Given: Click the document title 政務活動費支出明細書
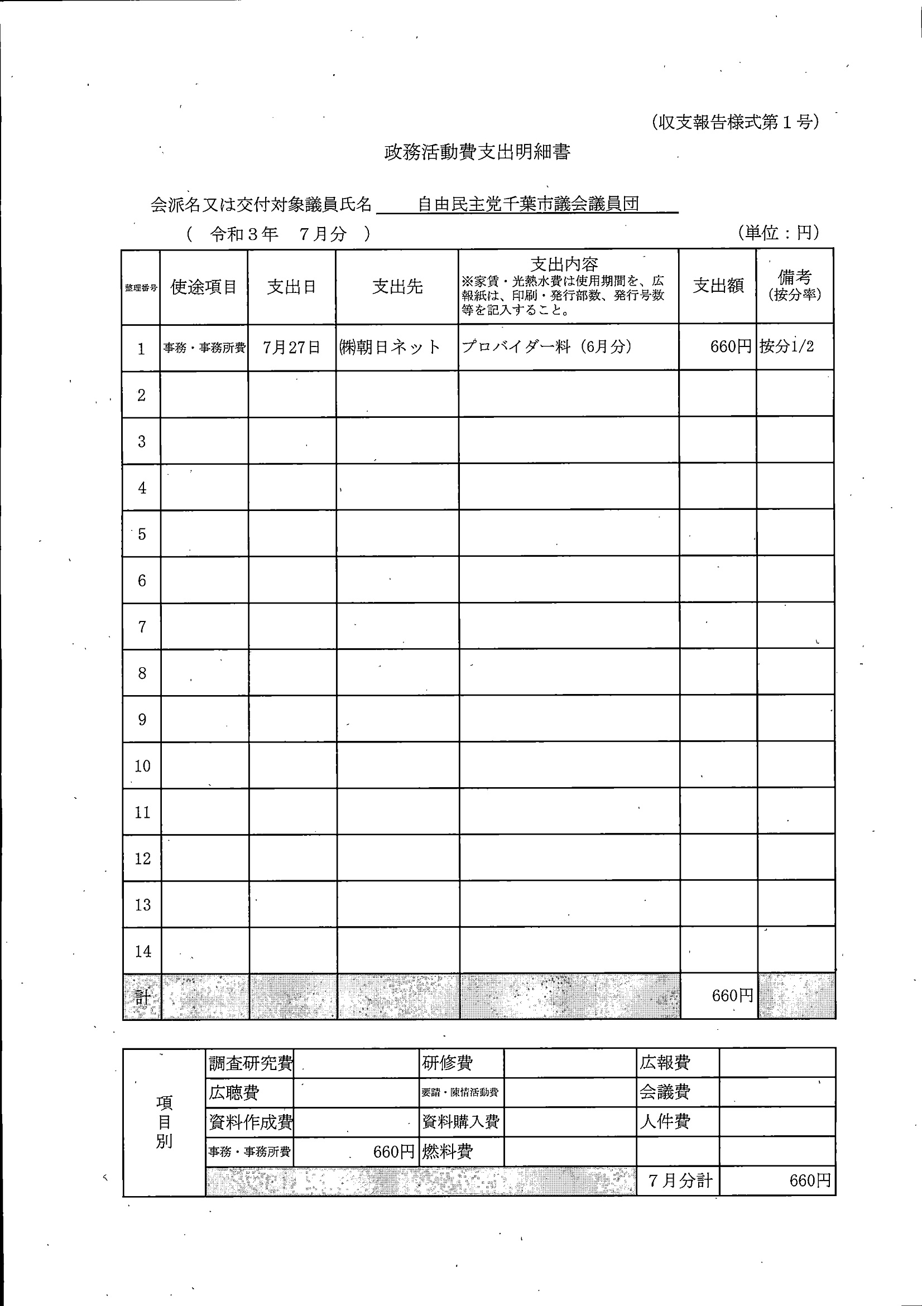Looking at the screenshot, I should [x=477, y=152].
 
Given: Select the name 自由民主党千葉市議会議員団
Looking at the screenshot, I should [x=528, y=204].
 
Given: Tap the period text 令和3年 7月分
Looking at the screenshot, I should [x=278, y=234].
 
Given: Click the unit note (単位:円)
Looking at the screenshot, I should [x=778, y=232].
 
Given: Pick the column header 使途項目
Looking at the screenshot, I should [x=204, y=287].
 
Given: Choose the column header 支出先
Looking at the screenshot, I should [x=397, y=287].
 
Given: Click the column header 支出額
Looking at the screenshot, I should [x=718, y=286].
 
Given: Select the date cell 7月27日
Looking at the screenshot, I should [x=291, y=347].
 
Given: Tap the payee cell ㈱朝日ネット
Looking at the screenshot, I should [x=390, y=347].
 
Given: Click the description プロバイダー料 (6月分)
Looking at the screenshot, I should [x=546, y=346].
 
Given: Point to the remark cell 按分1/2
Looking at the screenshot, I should [x=786, y=346].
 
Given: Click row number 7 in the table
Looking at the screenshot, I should [x=142, y=627].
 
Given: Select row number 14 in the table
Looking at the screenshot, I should [x=142, y=951].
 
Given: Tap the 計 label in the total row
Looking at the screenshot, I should [x=142, y=997].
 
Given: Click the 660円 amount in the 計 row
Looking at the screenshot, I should [x=732, y=995].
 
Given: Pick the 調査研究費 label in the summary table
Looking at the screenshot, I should [x=251, y=1063].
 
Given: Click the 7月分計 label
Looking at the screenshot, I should [x=680, y=1180].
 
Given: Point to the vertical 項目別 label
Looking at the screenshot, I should [x=164, y=1122].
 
